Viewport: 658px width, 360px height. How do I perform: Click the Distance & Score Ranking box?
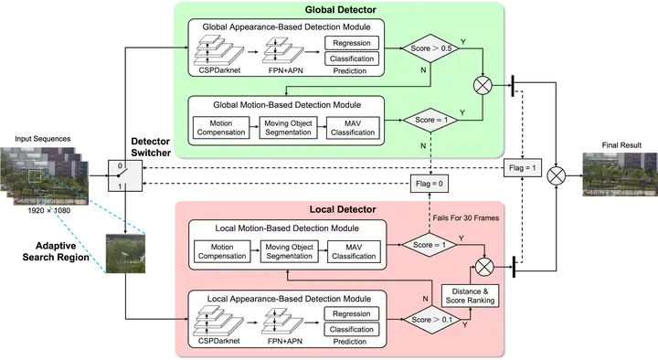469,295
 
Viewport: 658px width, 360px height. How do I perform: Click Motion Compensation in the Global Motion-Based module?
222,127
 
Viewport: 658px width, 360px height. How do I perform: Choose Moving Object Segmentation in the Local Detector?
288,250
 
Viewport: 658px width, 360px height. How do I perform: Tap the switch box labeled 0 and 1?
122,175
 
